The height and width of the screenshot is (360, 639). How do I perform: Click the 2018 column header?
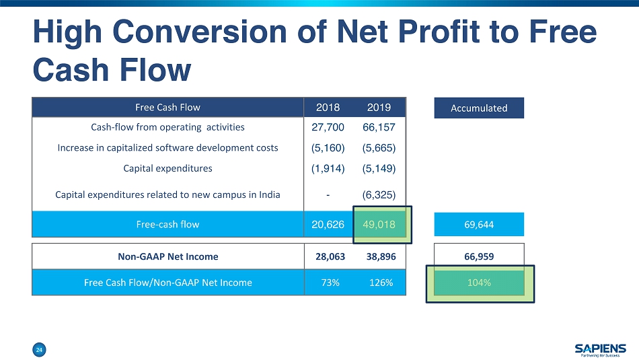[328, 108]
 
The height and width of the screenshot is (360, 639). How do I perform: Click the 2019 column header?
[379, 108]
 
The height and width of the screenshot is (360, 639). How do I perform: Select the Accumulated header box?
[479, 108]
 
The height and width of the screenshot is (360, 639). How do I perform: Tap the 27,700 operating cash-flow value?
[328, 127]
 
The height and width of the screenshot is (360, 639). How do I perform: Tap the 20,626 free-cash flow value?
[328, 224]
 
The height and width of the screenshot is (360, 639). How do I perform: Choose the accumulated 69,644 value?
[479, 225]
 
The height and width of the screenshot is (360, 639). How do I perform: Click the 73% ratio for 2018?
[328, 283]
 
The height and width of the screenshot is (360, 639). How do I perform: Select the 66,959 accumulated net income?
[479, 256]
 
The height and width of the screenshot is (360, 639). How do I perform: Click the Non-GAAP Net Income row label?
[168, 256]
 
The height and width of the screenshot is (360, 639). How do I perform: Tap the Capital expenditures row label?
[168, 168]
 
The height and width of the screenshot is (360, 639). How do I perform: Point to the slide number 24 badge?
[40, 349]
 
